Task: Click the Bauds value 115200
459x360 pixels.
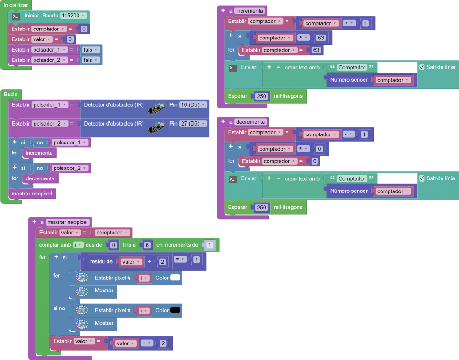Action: (72, 16)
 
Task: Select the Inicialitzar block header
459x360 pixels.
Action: (16, 5)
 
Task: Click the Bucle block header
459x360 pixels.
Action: (10, 94)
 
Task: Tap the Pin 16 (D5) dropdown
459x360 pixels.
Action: (193, 105)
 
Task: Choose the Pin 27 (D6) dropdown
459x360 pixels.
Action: (193, 124)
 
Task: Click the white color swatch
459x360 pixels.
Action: (175, 278)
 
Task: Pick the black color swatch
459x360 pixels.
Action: (175, 310)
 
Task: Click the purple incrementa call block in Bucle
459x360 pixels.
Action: (39, 153)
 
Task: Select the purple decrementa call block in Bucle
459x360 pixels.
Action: (40, 178)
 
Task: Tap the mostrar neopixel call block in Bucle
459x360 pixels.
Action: (32, 194)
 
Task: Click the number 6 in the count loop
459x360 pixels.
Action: (147, 245)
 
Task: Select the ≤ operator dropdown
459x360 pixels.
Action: (303, 149)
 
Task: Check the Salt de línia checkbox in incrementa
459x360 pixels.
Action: (422, 67)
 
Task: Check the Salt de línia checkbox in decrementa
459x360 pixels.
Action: (422, 178)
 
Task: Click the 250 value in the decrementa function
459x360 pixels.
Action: (262, 208)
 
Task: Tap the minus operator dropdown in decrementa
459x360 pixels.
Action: (348, 134)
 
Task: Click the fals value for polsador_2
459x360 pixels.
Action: (90, 60)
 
